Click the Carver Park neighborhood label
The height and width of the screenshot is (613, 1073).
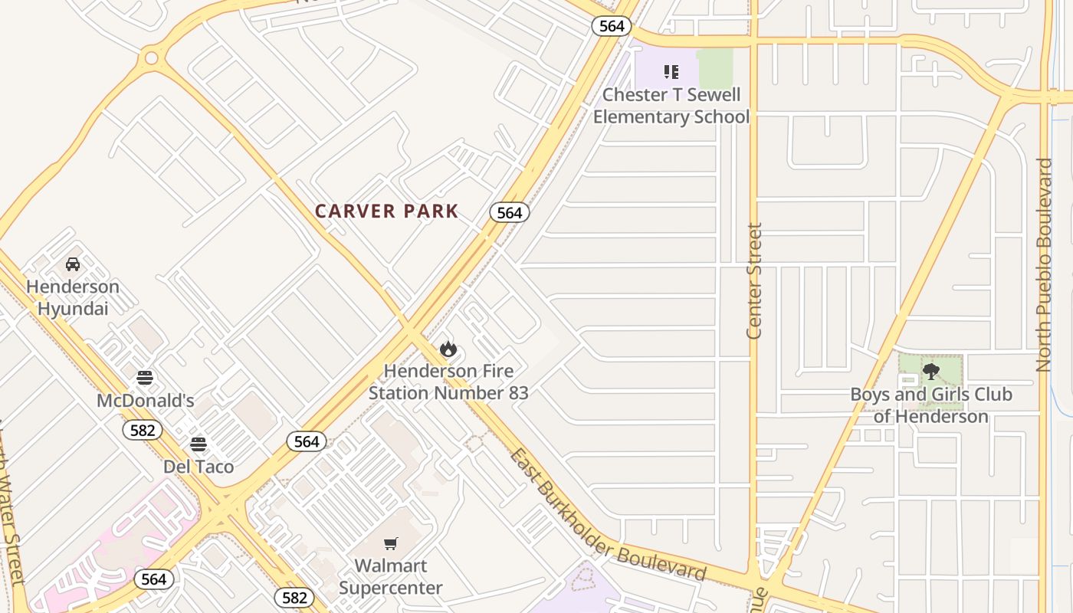point(387,211)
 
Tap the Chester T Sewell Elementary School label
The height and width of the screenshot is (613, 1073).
point(671,106)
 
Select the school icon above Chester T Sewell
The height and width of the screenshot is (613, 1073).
point(671,73)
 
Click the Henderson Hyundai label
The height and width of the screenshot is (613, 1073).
point(73,297)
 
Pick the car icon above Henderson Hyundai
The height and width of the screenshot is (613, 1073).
point(73,264)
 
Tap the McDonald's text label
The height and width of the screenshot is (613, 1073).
point(145,401)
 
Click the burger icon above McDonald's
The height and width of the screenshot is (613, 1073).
point(145,378)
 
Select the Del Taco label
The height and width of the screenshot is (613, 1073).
point(199,467)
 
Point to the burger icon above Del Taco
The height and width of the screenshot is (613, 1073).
point(199,444)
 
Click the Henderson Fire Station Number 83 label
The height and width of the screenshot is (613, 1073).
point(448,382)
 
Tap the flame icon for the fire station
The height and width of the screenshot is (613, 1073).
point(448,349)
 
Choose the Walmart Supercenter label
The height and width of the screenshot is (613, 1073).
point(391,577)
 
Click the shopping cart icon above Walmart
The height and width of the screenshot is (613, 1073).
point(391,544)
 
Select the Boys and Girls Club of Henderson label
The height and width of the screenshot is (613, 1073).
point(931,405)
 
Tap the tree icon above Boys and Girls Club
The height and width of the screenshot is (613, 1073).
point(931,372)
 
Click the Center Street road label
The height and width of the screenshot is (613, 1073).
point(755,280)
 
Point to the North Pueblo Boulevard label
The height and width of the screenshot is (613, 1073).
point(1044,265)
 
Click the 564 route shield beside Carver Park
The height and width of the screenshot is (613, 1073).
point(510,212)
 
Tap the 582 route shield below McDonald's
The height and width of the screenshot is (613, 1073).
point(143,430)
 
